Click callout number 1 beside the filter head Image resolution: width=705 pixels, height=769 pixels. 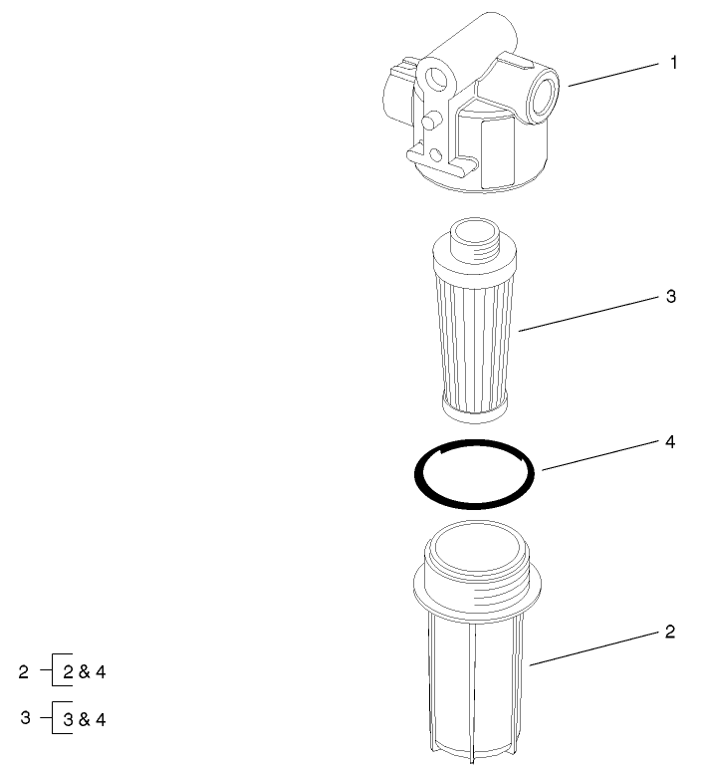[673, 63]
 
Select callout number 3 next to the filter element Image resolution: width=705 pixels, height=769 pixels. [672, 297]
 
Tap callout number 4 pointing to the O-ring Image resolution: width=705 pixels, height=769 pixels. [671, 441]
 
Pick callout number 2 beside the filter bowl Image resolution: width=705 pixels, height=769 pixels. [670, 632]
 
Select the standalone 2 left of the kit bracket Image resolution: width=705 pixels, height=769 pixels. [24, 672]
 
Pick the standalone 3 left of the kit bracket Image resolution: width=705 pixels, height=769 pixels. [24, 717]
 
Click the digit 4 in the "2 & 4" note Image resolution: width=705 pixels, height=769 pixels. [100, 672]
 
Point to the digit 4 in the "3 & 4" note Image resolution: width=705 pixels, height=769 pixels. [100, 718]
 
